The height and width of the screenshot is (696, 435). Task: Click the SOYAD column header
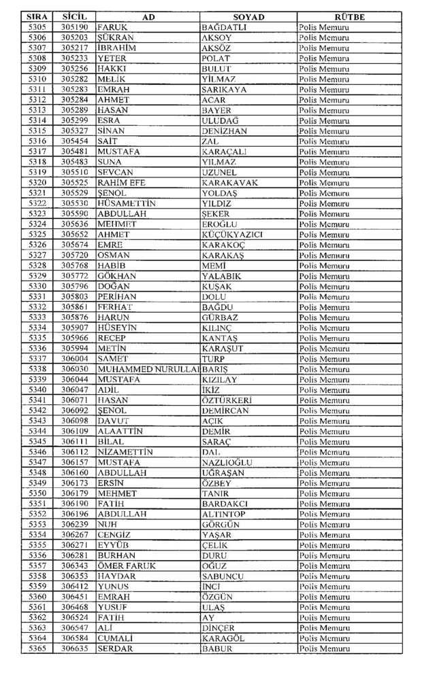[x=248, y=17]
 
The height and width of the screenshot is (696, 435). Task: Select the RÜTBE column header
[x=349, y=17]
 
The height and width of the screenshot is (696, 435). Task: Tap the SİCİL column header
[x=73, y=17]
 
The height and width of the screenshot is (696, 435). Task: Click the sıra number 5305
[x=38, y=27]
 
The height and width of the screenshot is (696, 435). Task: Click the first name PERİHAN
[x=117, y=297]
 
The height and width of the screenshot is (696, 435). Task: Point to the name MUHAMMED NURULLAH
[x=148, y=369]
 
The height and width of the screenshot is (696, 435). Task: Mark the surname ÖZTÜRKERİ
[x=227, y=400]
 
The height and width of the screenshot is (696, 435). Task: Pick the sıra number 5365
[x=38, y=649]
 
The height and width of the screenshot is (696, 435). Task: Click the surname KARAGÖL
[x=223, y=639]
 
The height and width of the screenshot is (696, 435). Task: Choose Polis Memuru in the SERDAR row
[x=324, y=649]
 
